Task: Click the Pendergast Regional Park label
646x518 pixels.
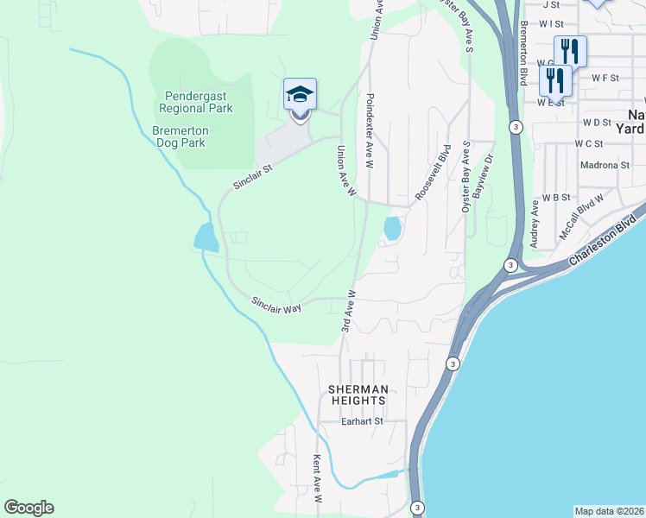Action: pyautogui.click(x=196, y=103)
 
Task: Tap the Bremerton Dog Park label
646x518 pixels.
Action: pyautogui.click(x=179, y=136)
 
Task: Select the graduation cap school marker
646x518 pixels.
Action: pyautogui.click(x=300, y=94)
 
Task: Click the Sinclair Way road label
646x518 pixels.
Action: pyautogui.click(x=276, y=304)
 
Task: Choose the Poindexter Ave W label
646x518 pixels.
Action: pyautogui.click(x=370, y=120)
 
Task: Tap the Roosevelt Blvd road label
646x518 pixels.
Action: pyautogui.click(x=434, y=173)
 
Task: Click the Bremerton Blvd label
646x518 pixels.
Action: pyautogui.click(x=524, y=53)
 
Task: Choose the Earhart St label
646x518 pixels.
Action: pyautogui.click(x=361, y=421)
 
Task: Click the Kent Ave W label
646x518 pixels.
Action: pyautogui.click(x=317, y=480)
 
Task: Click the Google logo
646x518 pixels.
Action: pyautogui.click(x=28, y=508)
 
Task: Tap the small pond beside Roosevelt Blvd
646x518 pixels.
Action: pyautogui.click(x=391, y=229)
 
